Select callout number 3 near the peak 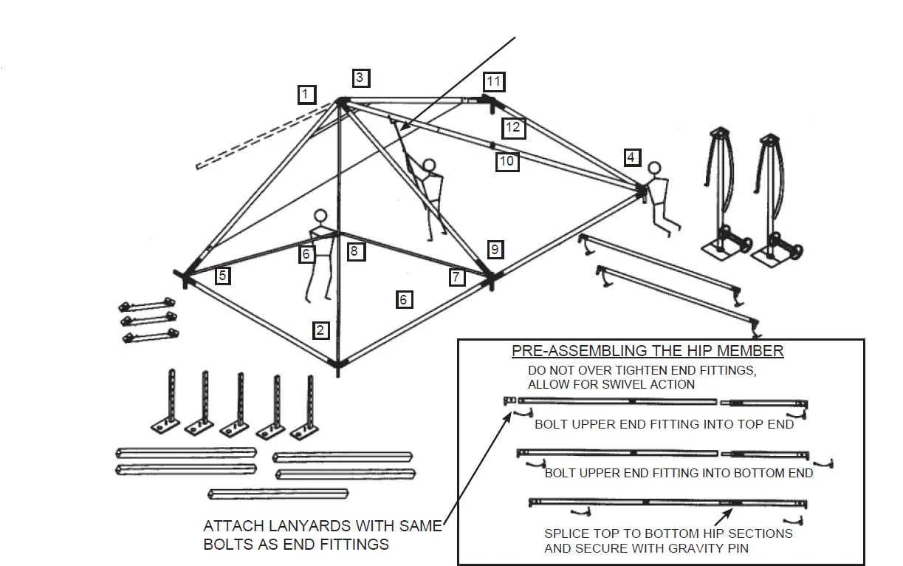click(x=360, y=78)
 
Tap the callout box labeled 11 click(x=493, y=81)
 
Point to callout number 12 click(x=513, y=128)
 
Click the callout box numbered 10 click(x=507, y=160)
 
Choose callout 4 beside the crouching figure click(x=631, y=157)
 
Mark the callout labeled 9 click(x=495, y=250)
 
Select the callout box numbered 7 click(x=458, y=277)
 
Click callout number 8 click(x=355, y=251)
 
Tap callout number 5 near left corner click(x=222, y=276)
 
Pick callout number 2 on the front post click(x=320, y=330)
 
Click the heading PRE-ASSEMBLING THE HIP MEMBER click(x=648, y=351)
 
